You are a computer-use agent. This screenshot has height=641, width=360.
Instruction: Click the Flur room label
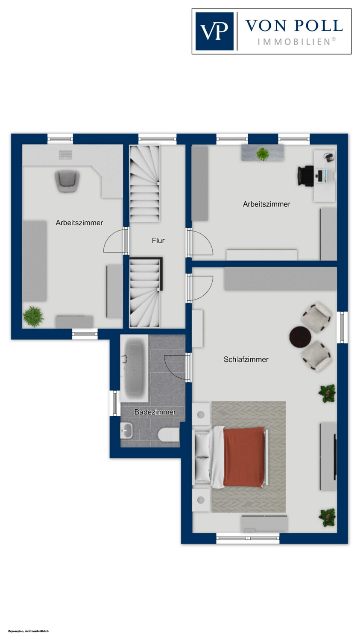tap(158, 241)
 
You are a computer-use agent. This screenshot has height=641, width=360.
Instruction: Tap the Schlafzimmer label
tap(246, 359)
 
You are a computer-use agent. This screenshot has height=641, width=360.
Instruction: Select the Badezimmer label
tap(155, 412)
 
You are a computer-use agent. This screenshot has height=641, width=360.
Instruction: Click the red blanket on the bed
tap(244, 457)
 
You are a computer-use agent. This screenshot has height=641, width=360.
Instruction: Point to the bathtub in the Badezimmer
tap(135, 369)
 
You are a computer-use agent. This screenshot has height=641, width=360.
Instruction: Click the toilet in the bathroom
tap(168, 435)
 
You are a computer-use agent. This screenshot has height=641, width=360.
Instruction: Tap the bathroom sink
tap(126, 431)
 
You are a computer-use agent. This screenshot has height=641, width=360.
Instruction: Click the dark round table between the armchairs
tap(300, 337)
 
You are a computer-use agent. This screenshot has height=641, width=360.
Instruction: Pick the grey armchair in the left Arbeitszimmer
tap(67, 182)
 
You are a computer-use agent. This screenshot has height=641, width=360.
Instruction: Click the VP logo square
tap(214, 32)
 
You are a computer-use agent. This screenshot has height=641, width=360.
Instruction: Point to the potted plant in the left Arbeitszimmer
tap(33, 317)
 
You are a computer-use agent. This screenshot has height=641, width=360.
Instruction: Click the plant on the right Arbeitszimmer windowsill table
tap(263, 154)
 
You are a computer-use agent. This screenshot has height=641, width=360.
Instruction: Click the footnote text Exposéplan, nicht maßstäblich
tap(28, 631)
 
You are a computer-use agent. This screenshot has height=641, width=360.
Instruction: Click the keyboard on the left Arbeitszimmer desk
tap(65, 155)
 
